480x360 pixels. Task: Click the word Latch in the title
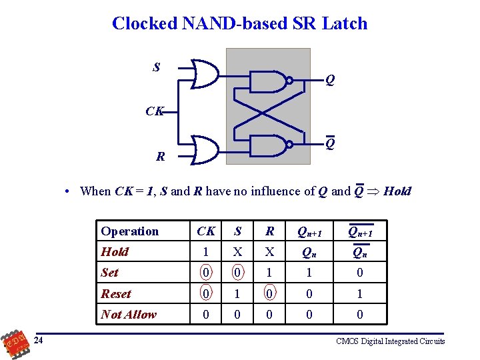coord(341,23)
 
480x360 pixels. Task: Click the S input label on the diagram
coord(156,67)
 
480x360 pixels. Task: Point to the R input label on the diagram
coord(160,157)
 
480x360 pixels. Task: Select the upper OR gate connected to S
coord(204,73)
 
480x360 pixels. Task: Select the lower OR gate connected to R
coord(204,149)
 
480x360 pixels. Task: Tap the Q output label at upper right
coord(330,81)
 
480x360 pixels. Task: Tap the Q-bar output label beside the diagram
coord(330,143)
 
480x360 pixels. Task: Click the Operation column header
coord(130,231)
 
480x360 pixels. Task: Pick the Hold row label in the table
coord(115,252)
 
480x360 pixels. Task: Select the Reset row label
coord(116,293)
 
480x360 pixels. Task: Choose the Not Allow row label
coord(129,314)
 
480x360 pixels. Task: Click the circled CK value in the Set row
coord(206,273)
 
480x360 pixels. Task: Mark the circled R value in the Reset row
coord(269,293)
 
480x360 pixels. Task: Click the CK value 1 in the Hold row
coord(206,252)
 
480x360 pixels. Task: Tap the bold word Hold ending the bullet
coord(398,191)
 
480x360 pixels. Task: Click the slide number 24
coord(39,341)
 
